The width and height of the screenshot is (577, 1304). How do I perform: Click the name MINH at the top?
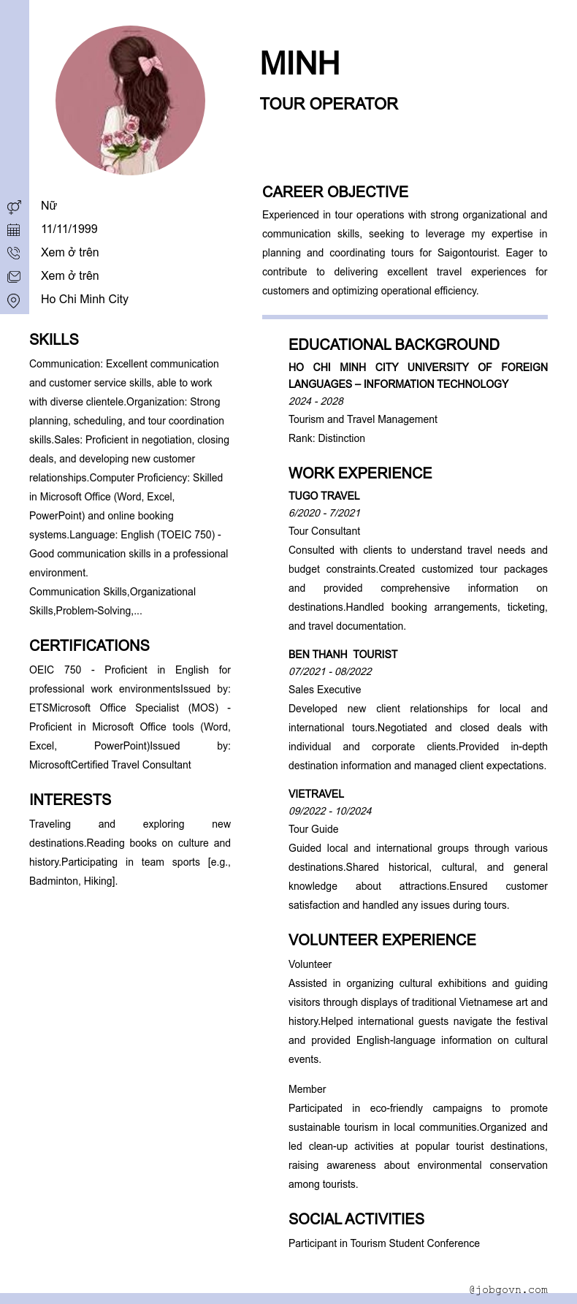pos(299,64)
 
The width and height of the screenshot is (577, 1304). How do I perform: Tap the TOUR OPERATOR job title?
pos(329,104)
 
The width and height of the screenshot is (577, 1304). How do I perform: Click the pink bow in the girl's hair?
pos(151,64)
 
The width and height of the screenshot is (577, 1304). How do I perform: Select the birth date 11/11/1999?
pos(69,229)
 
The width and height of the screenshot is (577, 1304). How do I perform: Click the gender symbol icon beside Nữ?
pos(14,207)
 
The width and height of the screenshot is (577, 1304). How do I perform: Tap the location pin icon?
pos(14,300)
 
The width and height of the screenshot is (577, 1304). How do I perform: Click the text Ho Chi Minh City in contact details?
pos(85,300)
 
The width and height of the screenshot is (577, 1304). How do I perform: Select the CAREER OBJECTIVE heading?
pos(335,192)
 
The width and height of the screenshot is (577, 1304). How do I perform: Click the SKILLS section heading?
pos(54,340)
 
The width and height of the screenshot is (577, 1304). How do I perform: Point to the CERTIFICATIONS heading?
pos(89,646)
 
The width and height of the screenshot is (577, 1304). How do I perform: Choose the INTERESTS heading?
pos(70,800)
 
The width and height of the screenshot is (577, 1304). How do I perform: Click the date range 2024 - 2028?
pos(316,401)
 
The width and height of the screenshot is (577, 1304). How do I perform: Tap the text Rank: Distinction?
pos(326,438)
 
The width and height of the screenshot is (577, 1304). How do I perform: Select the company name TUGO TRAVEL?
pos(324,496)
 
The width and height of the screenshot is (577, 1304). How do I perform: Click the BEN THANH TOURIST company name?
pos(343,655)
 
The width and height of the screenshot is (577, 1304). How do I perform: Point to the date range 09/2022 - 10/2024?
pos(330,811)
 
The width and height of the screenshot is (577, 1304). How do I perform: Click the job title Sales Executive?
pos(324,690)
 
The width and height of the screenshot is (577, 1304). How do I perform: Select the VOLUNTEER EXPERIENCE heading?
pos(382,940)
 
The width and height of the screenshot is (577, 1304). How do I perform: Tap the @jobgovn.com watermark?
pos(508,1290)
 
